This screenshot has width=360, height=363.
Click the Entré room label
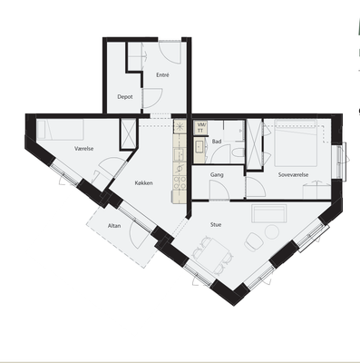tap(162, 75)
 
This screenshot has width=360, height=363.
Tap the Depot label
tap(125, 97)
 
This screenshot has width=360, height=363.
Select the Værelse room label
tap(84, 149)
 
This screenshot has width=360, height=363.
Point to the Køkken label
tap(144, 183)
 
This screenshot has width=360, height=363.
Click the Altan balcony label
tap(114, 226)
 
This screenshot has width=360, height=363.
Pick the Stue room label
tap(216, 224)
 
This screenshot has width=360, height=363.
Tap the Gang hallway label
tap(217, 175)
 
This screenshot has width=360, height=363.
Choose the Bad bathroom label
tap(217, 142)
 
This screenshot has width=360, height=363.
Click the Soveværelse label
tap(293, 175)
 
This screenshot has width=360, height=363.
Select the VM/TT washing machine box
tap(200, 127)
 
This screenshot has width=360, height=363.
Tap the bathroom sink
tap(199, 147)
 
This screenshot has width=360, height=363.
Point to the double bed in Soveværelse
tap(296, 143)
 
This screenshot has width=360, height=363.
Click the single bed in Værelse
tap(61, 130)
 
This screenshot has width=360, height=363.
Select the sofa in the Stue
tap(269, 213)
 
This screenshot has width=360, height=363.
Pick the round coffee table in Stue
tap(272, 232)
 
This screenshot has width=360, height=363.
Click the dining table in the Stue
tap(214, 254)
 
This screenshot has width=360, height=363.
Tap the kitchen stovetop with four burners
tap(180, 183)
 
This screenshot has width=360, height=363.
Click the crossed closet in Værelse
tap(128, 133)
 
